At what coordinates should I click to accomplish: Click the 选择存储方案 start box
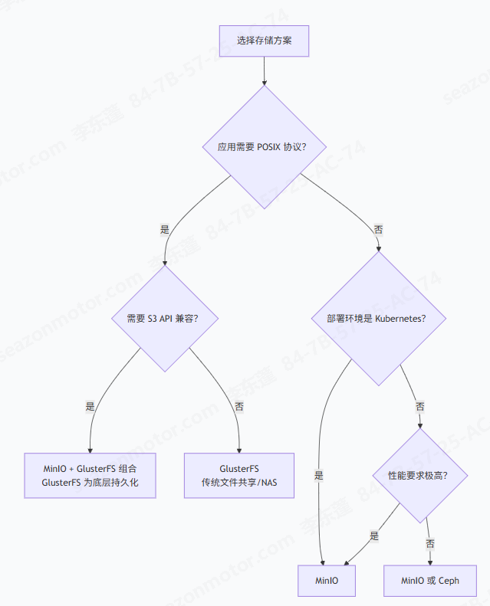coord(264,41)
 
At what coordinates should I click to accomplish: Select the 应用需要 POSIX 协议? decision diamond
coord(265,147)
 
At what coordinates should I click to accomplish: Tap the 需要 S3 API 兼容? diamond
coord(165,319)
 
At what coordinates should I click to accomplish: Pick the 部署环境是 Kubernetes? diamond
coord(379,319)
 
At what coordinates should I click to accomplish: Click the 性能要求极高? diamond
coord(420,476)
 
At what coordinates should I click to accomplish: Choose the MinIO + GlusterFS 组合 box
coord(90,475)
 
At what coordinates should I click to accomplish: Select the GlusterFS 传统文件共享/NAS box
coord(239,475)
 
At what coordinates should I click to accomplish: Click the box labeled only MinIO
coord(327,581)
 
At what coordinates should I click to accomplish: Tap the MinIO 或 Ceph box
coord(430,581)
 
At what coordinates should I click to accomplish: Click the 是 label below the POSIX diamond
coord(165,230)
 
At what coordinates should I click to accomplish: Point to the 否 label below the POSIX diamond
coord(378,230)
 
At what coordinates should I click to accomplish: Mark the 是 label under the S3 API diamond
coord(90,406)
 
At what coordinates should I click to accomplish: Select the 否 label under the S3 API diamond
coord(239,407)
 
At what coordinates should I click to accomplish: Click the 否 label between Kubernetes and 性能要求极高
coord(420,407)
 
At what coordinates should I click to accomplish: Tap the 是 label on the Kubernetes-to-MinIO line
coord(319,475)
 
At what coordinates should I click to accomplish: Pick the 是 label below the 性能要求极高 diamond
coord(374,536)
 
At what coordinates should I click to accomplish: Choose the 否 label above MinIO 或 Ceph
coord(430,544)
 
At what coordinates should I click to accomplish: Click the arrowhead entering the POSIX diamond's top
coord(265,83)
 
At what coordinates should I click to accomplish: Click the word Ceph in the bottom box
coord(449,581)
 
